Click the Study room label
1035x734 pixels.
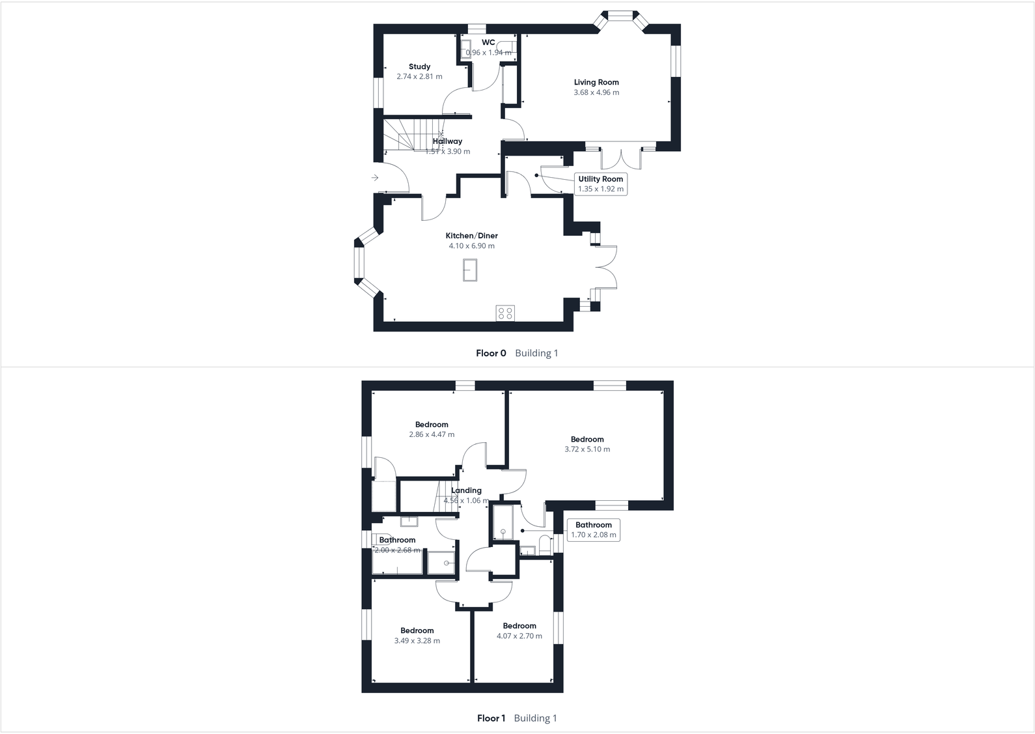pos(419,66)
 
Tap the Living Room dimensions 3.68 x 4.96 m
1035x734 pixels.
pos(596,92)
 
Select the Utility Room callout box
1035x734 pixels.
pos(600,184)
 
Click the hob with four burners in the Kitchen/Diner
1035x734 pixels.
pos(506,313)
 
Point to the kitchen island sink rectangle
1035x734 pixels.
pos(470,270)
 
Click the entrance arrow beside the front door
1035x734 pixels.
pos(375,178)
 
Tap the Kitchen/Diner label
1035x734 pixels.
pos(471,236)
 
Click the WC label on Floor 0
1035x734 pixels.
pos(488,42)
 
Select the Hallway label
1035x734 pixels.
pos(448,141)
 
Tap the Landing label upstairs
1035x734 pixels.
pos(466,490)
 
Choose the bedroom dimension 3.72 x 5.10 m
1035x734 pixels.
pos(587,449)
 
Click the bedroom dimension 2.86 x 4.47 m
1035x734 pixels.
pos(432,434)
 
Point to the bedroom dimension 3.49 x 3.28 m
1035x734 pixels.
pos(417,641)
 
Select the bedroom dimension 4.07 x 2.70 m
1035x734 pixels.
pos(519,636)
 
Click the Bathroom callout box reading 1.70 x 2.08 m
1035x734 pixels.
pos(593,529)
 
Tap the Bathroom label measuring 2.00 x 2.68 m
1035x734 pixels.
pos(397,540)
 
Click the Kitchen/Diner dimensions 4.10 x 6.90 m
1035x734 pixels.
pos(471,246)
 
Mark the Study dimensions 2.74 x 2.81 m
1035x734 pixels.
pos(419,77)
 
